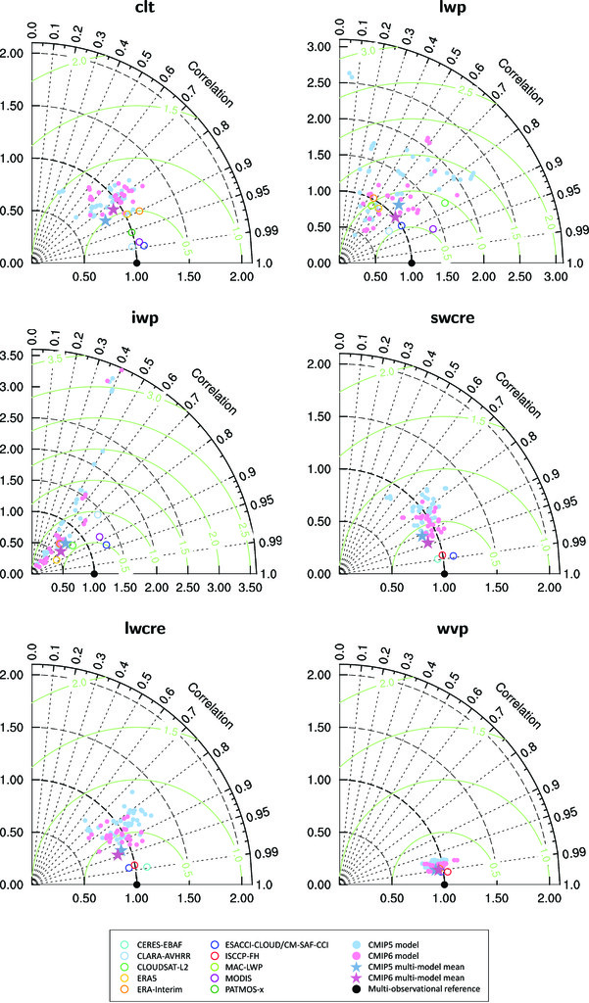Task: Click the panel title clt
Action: [135, 12]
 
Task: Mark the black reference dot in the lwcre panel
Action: [136, 884]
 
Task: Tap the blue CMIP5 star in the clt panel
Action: [106, 220]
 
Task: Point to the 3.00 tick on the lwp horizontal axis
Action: [555, 277]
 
